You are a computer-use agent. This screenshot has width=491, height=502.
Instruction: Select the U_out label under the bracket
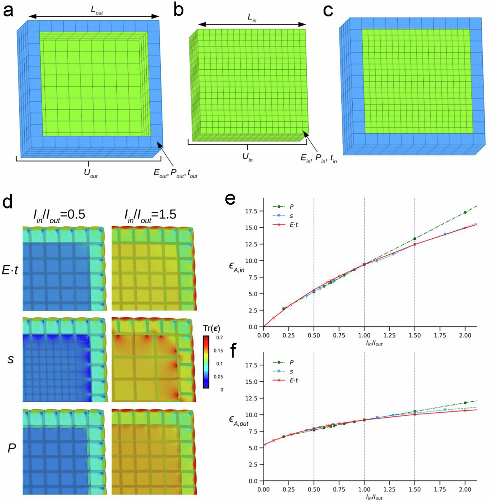[91, 173]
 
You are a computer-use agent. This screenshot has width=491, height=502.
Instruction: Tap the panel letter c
[328, 12]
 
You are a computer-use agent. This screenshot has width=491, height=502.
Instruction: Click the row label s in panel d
[10, 359]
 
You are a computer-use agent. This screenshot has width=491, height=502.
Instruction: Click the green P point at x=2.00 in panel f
[465, 403]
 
